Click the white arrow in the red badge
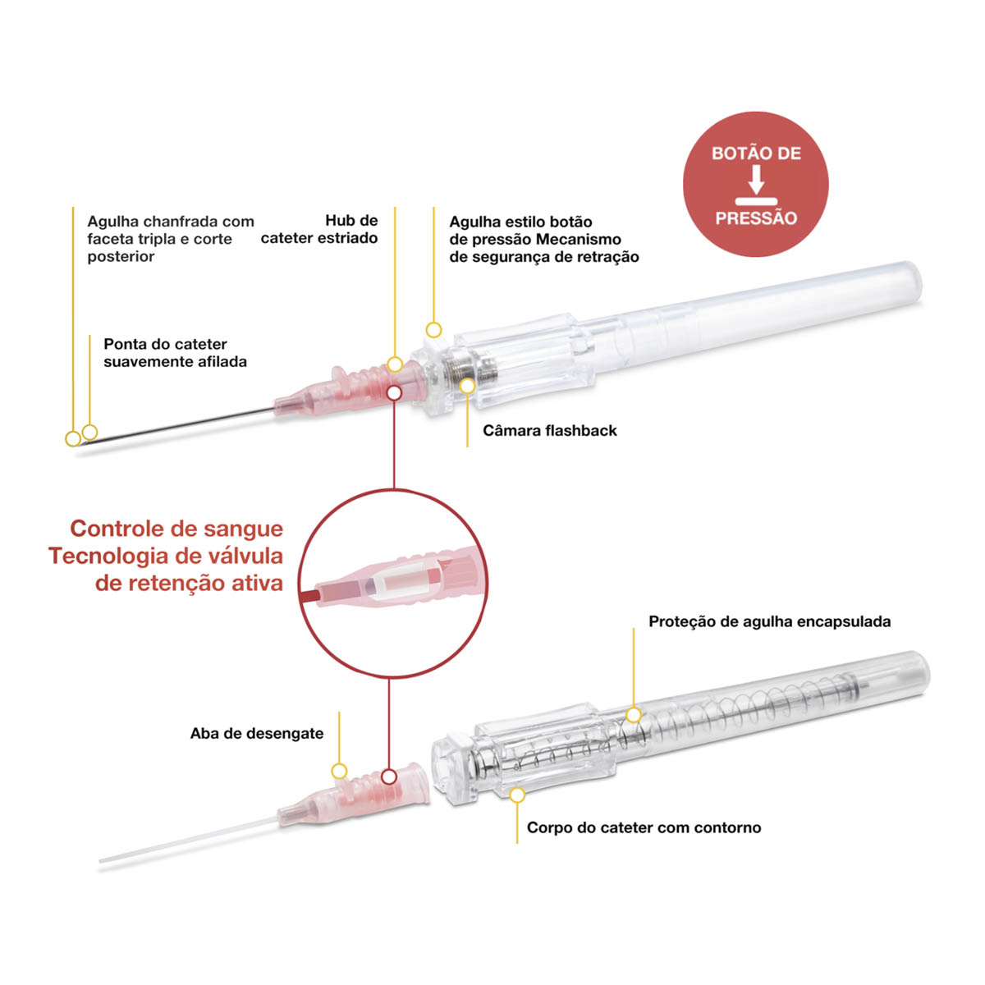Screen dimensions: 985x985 click(756, 179)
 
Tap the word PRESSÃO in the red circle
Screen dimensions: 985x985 click(756, 218)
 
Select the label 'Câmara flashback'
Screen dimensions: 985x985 click(549, 430)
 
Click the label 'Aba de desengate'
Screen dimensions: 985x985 click(257, 734)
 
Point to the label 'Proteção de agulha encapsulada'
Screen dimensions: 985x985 click(770, 621)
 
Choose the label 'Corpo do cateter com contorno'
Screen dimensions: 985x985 click(644, 827)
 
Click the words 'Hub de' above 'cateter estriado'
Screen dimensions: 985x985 click(351, 221)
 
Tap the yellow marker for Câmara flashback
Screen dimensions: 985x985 click(467, 386)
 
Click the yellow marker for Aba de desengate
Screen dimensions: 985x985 click(339, 772)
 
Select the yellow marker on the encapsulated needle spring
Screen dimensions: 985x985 click(634, 715)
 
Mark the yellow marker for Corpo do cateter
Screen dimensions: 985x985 click(517, 795)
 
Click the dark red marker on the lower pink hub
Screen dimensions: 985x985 click(389, 777)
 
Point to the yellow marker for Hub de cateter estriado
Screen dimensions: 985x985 click(395, 364)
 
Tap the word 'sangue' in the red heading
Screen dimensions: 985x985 click(243, 529)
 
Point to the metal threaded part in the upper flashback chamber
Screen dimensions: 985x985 click(468, 367)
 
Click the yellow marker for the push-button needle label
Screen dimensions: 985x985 click(433, 330)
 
